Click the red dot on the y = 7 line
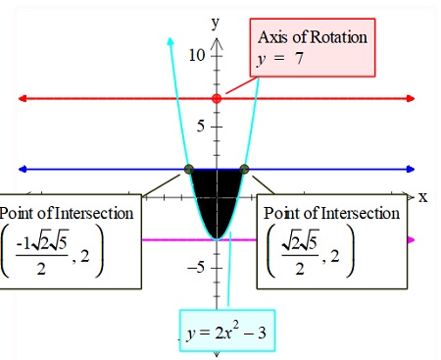coord(217,99)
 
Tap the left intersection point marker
coord(189,169)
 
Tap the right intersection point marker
coord(244,169)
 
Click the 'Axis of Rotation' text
coord(312,37)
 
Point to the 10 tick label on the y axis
coord(199,55)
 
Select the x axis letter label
coord(423,196)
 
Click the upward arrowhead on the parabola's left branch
coord(171,41)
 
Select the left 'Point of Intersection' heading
coord(68,213)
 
